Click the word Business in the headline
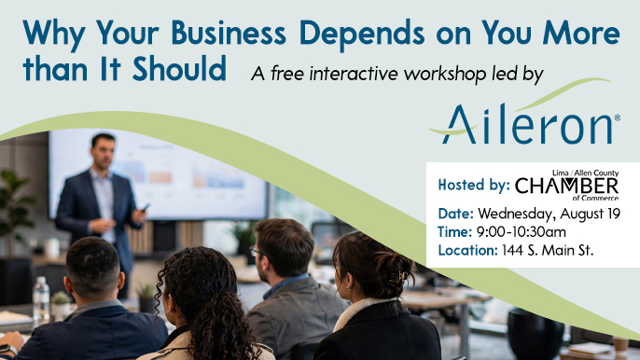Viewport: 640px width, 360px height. point(229,33)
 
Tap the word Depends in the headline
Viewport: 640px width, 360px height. point(362,35)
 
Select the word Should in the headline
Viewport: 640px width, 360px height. point(179,68)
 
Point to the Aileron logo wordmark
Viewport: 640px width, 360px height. point(526,124)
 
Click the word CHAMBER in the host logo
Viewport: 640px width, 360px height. point(566,187)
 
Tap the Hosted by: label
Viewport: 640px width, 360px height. point(474,185)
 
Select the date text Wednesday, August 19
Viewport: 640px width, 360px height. point(549,214)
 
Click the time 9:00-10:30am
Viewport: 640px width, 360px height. point(522,232)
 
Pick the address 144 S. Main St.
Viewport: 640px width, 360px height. point(548,250)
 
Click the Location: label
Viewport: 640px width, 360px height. point(467,250)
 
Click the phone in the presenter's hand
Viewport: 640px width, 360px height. point(146,208)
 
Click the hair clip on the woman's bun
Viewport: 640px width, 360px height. point(398,276)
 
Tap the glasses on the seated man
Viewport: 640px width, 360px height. point(255,251)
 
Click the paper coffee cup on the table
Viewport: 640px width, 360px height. point(620,345)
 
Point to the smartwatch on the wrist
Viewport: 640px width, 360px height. point(8,350)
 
